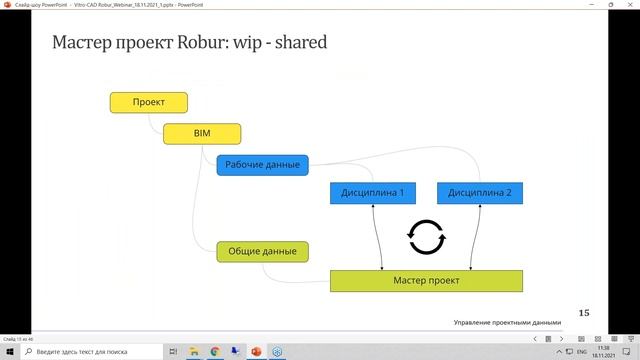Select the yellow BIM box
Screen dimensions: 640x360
point(203,133)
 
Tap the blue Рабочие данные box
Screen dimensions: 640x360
point(262,164)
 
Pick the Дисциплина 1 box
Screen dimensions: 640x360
point(372,192)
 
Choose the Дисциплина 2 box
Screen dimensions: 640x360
point(480,192)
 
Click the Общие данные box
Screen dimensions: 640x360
point(262,251)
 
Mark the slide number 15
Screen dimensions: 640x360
point(584,313)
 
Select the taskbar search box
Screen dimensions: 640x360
point(90,351)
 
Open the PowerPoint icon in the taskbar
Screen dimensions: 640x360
point(256,351)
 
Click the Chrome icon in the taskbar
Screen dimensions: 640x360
point(215,351)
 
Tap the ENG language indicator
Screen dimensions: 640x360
point(579,351)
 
